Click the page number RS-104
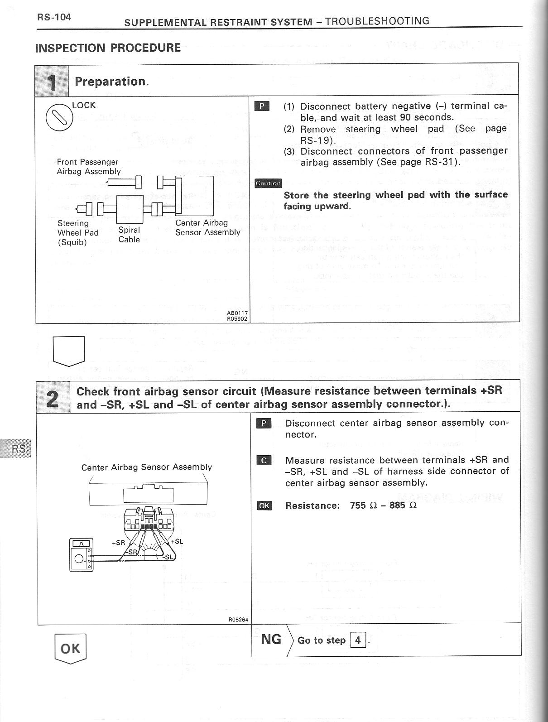54,18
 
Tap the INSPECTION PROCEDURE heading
108,48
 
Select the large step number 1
52,82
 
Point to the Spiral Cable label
129,235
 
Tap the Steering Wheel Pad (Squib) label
78,232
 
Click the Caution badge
268,183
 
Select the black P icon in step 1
262,107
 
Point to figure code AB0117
237,313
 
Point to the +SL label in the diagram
177,541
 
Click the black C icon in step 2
264,461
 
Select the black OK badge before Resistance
264,505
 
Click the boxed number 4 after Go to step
358,640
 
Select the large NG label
271,640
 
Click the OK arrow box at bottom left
70,649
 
